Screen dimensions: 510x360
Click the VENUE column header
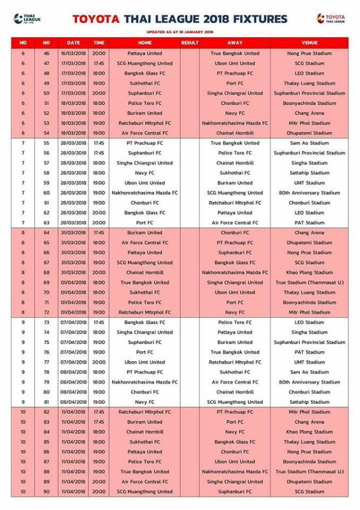click(309, 42)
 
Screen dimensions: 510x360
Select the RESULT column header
click(190, 42)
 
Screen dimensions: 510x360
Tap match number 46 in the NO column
click(46, 53)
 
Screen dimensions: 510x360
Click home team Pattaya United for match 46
click(145, 53)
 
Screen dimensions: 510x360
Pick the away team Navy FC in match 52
click(235, 113)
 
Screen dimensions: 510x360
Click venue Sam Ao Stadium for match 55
click(309, 143)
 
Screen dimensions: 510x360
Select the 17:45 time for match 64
click(99, 233)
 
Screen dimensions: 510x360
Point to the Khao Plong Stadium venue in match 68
click(309, 273)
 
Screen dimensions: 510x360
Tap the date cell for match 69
click(73, 283)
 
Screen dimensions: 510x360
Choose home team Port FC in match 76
click(145, 352)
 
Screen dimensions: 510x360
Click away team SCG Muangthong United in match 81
click(235, 402)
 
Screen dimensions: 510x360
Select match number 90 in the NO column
click(46, 492)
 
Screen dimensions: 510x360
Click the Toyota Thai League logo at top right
click(331, 19)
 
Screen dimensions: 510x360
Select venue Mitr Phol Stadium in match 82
click(309, 412)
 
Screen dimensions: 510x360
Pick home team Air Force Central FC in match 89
click(145, 482)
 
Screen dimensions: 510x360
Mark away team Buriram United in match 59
click(235, 183)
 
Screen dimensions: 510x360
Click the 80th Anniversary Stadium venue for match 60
click(309, 193)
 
